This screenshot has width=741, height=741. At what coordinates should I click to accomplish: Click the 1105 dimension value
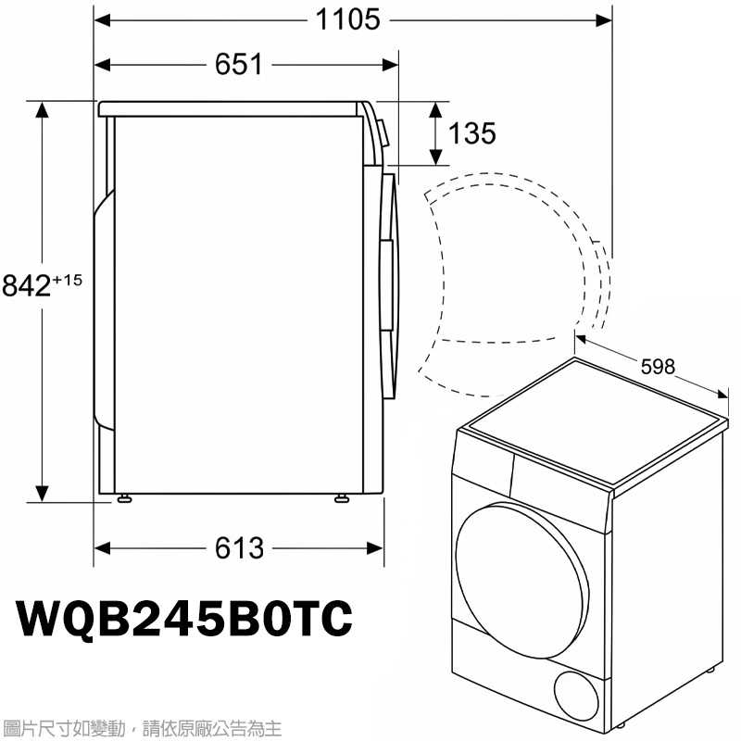(x=348, y=19)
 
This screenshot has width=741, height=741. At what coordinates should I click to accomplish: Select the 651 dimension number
(x=239, y=65)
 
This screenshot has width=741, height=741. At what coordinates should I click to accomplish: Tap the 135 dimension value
(x=472, y=133)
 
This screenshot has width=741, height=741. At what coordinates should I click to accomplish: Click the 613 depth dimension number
(x=239, y=548)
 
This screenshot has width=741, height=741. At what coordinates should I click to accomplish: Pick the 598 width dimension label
(x=658, y=367)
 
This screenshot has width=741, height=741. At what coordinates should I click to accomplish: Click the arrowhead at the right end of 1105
(x=606, y=19)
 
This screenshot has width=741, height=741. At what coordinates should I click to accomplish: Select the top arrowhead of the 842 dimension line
(x=42, y=109)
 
